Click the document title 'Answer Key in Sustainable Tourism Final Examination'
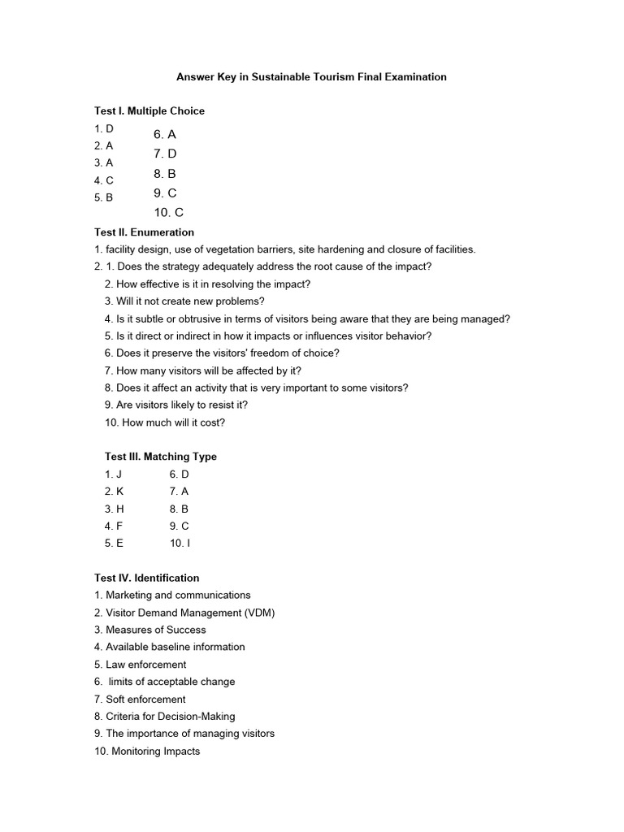pyautogui.click(x=312, y=77)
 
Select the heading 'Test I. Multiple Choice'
pyautogui.click(x=149, y=111)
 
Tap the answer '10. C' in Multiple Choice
pyautogui.click(x=168, y=213)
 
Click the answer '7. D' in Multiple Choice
pyautogui.click(x=165, y=154)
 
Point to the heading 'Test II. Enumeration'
pyautogui.click(x=144, y=232)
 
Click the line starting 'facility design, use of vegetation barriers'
pyautogui.click(x=285, y=249)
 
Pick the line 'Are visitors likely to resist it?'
pyautogui.click(x=176, y=405)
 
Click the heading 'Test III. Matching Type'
pyautogui.click(x=161, y=457)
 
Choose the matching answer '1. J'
pyautogui.click(x=113, y=474)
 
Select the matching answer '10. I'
pyautogui.click(x=180, y=544)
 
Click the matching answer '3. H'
pyautogui.click(x=114, y=509)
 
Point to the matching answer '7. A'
pyautogui.click(x=179, y=492)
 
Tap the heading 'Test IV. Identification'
pyautogui.click(x=146, y=578)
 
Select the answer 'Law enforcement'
pyautogui.click(x=140, y=665)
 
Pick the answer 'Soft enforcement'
pyautogui.click(x=140, y=700)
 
